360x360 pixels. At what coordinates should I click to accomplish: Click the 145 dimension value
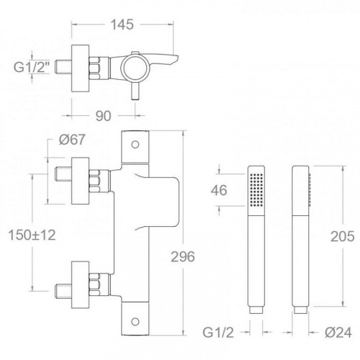tap(122, 24)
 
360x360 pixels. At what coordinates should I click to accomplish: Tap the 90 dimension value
tap(104, 116)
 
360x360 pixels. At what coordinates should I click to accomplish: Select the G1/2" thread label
tap(32, 67)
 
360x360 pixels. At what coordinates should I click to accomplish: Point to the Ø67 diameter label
tap(72, 140)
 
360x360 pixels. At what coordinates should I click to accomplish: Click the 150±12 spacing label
tap(32, 235)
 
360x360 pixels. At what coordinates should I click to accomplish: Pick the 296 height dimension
tap(183, 257)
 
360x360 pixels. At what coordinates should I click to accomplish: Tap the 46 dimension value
tap(219, 190)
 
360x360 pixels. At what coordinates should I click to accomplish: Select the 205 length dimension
tap(343, 236)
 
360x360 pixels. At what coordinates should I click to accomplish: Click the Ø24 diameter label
tap(338, 333)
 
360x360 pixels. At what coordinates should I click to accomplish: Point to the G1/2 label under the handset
tap(218, 333)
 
